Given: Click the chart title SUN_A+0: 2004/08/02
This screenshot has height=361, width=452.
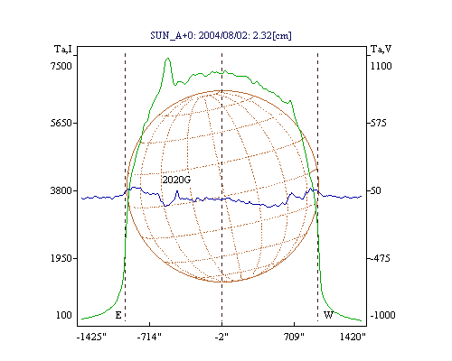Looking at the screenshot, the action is [197, 35].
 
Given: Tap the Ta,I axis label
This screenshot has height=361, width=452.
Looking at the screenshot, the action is [63, 49].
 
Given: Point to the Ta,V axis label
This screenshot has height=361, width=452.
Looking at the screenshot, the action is [381, 49].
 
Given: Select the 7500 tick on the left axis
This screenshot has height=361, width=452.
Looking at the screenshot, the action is [61, 66].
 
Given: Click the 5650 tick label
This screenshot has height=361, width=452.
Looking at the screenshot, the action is [61, 123].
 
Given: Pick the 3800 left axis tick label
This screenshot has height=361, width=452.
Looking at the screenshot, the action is [61, 190].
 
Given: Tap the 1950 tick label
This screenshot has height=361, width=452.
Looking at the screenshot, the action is [61, 258].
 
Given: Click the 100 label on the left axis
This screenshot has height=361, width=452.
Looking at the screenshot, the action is [64, 315].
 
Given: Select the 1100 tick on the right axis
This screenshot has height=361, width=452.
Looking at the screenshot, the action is [381, 66].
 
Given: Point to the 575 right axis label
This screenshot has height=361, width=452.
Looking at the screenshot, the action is [378, 123].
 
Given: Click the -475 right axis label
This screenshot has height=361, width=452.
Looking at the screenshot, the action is [380, 258].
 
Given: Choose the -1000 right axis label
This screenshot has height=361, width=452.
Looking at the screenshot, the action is [382, 315].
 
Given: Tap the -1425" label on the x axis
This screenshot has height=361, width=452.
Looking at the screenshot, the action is [91, 337].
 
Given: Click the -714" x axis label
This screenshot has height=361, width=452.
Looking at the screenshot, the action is [149, 337].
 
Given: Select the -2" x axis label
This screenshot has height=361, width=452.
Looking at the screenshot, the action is [221, 337].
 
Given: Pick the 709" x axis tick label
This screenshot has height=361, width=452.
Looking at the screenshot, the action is [294, 337].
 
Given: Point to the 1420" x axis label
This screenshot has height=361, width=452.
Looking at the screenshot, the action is [353, 337].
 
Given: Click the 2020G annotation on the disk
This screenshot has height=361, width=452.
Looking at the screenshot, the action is [176, 180].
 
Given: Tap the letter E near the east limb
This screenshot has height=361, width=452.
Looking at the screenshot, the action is [118, 315].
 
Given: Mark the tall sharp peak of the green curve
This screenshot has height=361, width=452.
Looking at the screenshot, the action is [168, 59].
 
